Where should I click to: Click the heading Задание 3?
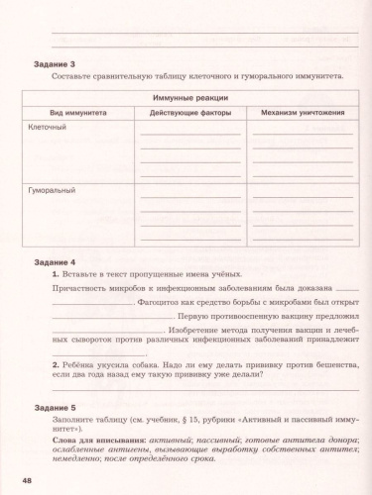(55, 64)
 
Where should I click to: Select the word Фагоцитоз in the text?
(161, 300)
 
